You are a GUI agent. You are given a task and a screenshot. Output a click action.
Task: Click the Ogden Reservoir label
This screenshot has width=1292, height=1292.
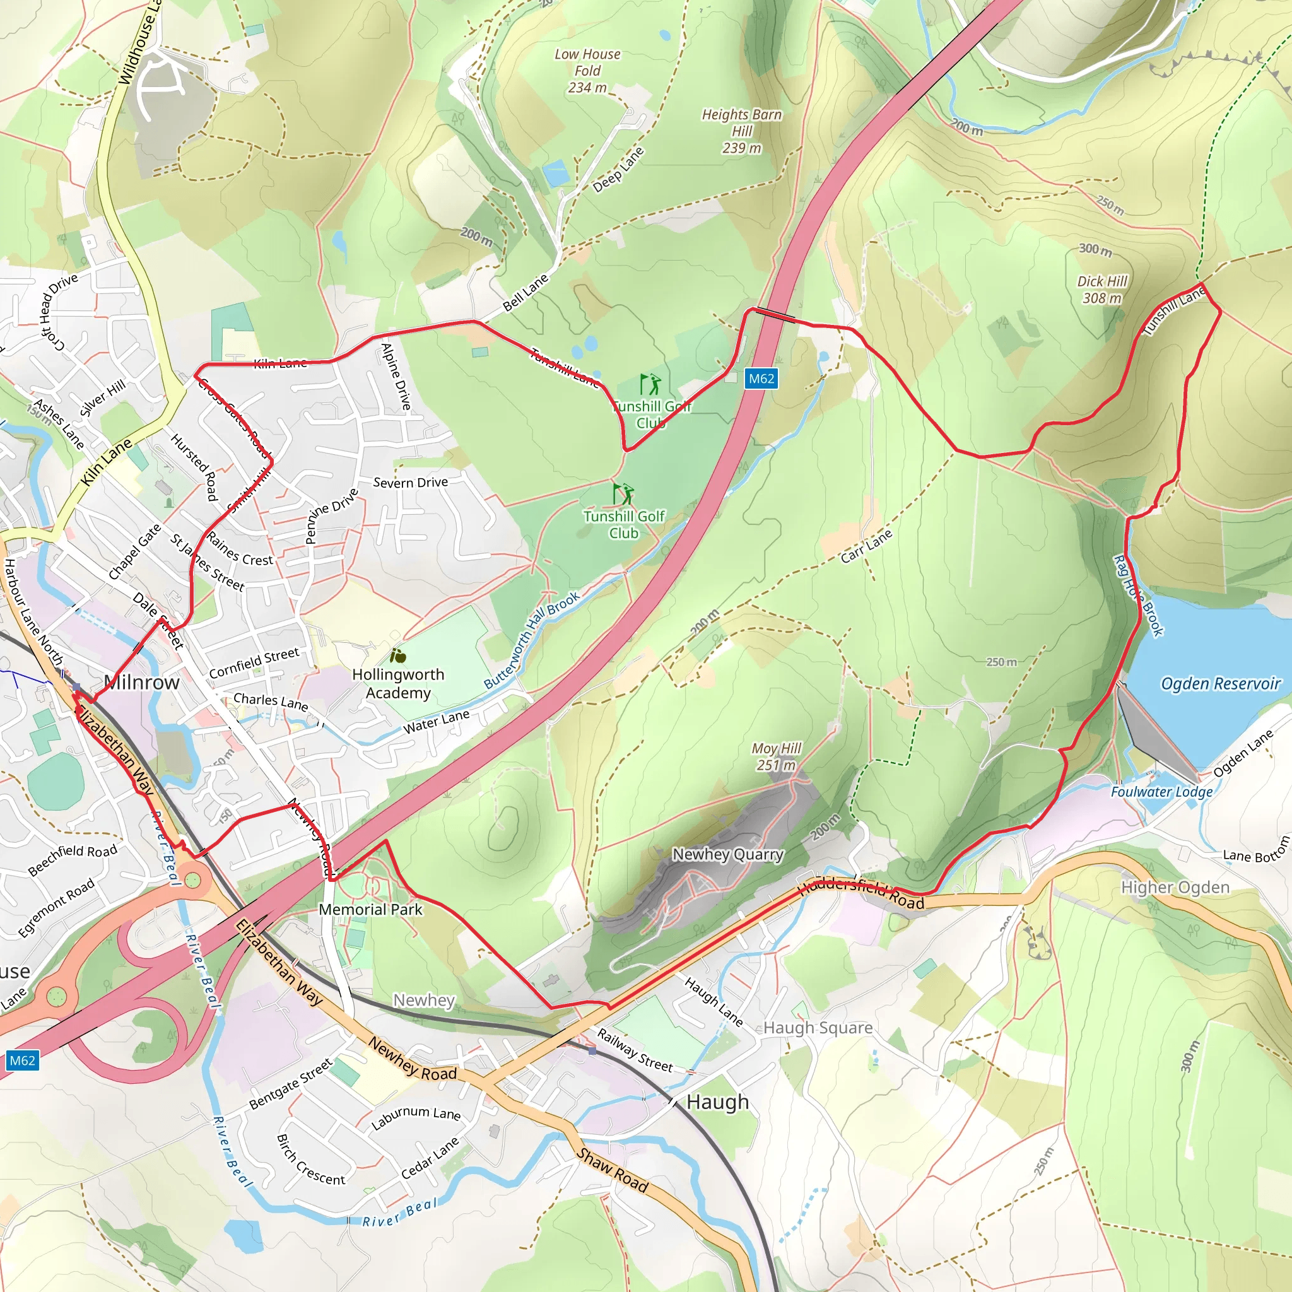click(1220, 683)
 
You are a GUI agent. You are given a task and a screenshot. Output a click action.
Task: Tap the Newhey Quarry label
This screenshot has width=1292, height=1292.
click(727, 854)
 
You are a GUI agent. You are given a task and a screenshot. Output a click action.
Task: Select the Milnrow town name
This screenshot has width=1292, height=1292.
click(142, 682)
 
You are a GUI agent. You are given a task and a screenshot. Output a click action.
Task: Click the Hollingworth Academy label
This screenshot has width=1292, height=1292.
click(398, 683)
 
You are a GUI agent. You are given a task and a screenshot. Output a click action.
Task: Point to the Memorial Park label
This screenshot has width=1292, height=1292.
click(370, 910)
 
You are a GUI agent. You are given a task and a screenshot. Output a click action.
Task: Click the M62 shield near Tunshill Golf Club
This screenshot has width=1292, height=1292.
click(761, 379)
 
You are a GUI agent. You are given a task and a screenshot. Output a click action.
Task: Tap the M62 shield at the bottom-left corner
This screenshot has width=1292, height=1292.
click(22, 1060)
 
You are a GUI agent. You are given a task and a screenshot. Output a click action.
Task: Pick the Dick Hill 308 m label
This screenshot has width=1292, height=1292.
click(1102, 290)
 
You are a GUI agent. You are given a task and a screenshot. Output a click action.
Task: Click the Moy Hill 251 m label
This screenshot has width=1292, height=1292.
click(776, 756)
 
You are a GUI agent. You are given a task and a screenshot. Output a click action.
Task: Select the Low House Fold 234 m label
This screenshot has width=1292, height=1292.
click(587, 70)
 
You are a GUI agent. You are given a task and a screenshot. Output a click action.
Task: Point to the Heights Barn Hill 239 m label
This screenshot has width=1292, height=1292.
click(742, 131)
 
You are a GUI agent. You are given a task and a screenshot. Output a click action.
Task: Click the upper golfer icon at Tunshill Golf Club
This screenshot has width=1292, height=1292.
click(650, 385)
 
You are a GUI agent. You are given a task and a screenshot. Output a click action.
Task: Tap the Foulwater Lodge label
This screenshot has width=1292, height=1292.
click(1161, 792)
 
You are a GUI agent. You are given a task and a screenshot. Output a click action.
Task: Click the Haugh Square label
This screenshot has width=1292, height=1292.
click(818, 1028)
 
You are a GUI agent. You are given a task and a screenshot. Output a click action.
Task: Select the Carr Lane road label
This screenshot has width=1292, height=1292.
click(866, 546)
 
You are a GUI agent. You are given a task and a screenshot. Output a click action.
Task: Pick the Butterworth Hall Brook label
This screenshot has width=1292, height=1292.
click(532, 640)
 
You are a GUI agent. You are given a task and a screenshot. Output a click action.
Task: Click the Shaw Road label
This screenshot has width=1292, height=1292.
click(613, 1170)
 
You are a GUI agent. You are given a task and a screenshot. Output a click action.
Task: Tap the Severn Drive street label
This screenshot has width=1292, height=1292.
click(411, 482)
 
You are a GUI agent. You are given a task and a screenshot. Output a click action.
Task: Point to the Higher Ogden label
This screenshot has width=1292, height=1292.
click(1175, 888)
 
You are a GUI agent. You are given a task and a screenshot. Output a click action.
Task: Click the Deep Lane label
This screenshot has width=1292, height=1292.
click(619, 169)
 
